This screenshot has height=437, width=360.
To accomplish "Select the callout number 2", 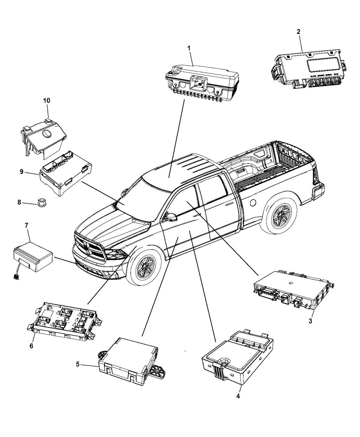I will pos(298,32).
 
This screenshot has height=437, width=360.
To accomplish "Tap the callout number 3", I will pos(310,321).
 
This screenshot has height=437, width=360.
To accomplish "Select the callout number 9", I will pos(22,172).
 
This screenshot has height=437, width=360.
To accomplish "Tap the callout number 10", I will pos(46,100).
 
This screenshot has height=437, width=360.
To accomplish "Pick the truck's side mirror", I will pos(171,217).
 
